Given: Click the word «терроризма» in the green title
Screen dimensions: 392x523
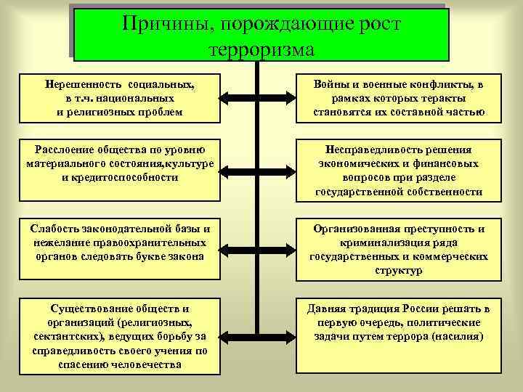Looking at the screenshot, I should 261,50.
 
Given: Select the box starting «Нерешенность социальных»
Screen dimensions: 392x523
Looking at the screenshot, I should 120,98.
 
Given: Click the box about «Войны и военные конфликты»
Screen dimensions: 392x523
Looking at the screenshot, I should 399,98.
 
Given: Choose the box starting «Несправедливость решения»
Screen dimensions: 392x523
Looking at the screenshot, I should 399,169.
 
